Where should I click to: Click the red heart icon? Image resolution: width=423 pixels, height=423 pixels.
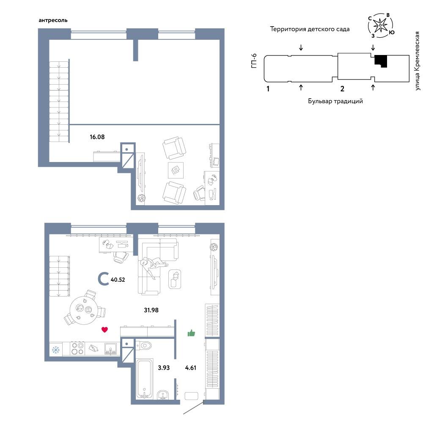(x=104, y=330)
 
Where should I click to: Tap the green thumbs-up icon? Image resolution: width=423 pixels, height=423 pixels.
(x=191, y=333)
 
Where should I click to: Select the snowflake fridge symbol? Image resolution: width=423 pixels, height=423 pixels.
(x=56, y=350)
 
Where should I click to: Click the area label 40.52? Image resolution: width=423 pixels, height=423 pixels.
(x=118, y=280)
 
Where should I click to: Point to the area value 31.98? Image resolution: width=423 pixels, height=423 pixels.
(x=151, y=310)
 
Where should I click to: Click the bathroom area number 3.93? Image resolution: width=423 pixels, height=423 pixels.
(x=164, y=368)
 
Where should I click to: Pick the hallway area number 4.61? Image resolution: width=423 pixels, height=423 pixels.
(x=190, y=368)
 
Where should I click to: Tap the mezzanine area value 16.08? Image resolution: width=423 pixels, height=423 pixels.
(x=97, y=137)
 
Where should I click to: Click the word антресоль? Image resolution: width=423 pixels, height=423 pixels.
(x=53, y=20)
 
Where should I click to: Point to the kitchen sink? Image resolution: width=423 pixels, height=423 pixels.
(x=110, y=349)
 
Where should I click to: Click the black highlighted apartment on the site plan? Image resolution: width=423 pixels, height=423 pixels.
(x=381, y=60)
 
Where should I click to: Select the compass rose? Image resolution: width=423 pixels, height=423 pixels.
(x=380, y=26)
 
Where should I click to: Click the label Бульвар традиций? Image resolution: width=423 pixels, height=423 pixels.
(x=335, y=101)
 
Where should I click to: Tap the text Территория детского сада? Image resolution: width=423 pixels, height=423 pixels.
(x=310, y=29)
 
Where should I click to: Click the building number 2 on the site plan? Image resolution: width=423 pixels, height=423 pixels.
(x=342, y=88)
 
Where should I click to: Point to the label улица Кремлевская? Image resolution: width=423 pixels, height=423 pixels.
(x=418, y=61)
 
